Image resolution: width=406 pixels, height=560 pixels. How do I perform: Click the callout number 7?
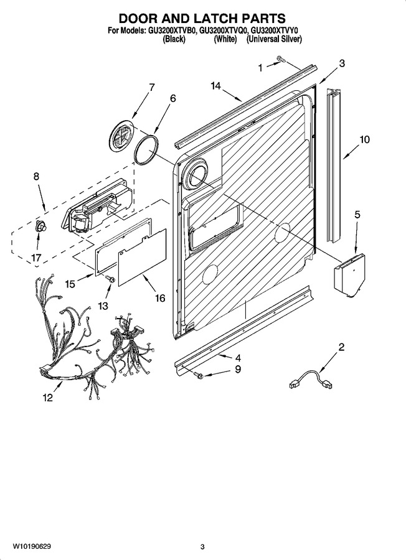pos(151,87)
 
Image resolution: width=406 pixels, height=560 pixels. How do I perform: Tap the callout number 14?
pos(215,86)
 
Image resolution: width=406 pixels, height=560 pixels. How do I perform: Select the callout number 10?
pos(364,139)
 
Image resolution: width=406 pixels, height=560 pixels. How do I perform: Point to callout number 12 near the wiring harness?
pos(47,397)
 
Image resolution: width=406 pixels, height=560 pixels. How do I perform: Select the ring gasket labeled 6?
pos(146,150)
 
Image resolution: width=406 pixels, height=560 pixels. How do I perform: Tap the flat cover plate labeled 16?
pos(142,257)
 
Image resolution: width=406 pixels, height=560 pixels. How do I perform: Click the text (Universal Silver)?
pos(274,39)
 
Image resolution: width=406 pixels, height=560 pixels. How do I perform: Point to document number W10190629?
pos(32,546)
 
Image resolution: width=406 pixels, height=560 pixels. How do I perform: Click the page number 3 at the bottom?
pos(202,546)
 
